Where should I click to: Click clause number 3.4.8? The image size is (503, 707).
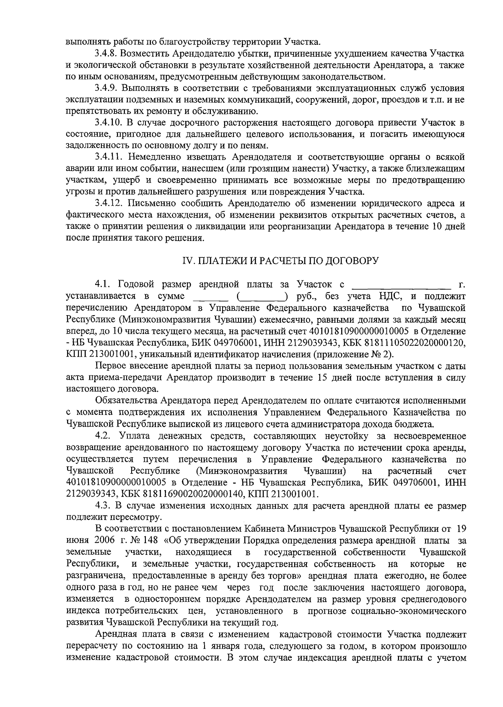pos(106,54)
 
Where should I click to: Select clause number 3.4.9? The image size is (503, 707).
pos(106,89)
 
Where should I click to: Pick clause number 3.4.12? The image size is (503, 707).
pos(108,204)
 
